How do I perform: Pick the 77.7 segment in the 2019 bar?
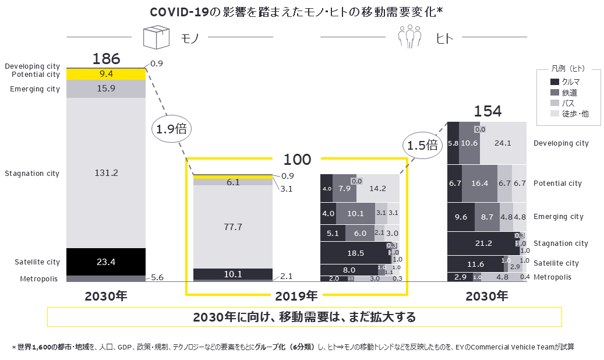(x=232, y=227)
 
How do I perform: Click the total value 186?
(x=106, y=59)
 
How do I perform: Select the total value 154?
(x=488, y=111)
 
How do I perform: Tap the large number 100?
(x=297, y=160)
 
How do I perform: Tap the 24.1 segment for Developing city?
(x=504, y=143)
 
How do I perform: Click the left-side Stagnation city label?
(x=32, y=174)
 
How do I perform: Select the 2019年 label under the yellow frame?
(x=297, y=296)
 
